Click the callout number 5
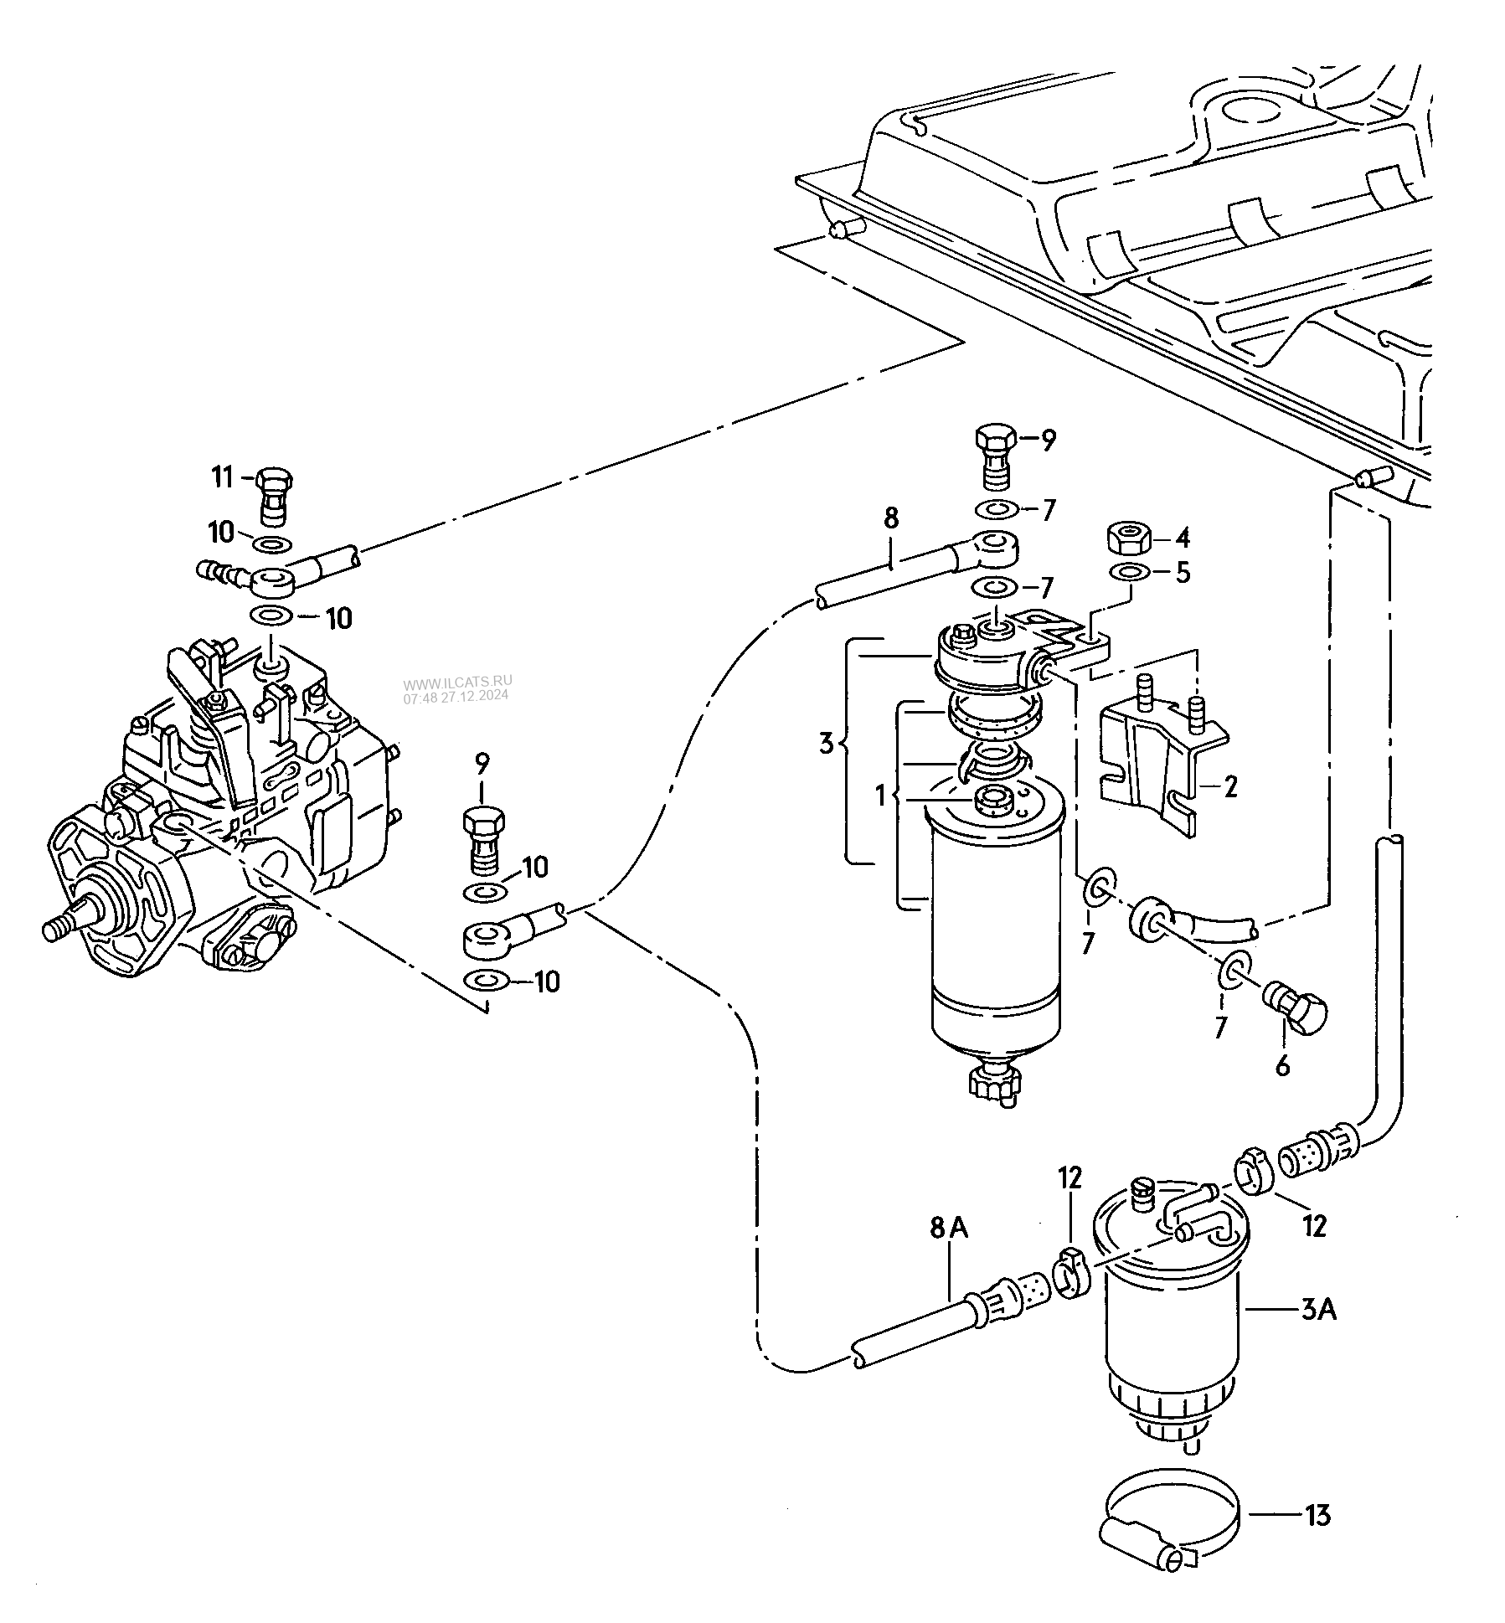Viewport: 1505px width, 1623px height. click(1182, 573)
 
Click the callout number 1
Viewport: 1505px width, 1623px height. click(880, 795)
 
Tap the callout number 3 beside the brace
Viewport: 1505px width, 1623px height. click(826, 742)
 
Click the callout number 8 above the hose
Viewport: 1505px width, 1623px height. click(890, 518)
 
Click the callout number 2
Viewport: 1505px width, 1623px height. click(1229, 787)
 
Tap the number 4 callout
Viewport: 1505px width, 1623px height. click(1183, 537)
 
